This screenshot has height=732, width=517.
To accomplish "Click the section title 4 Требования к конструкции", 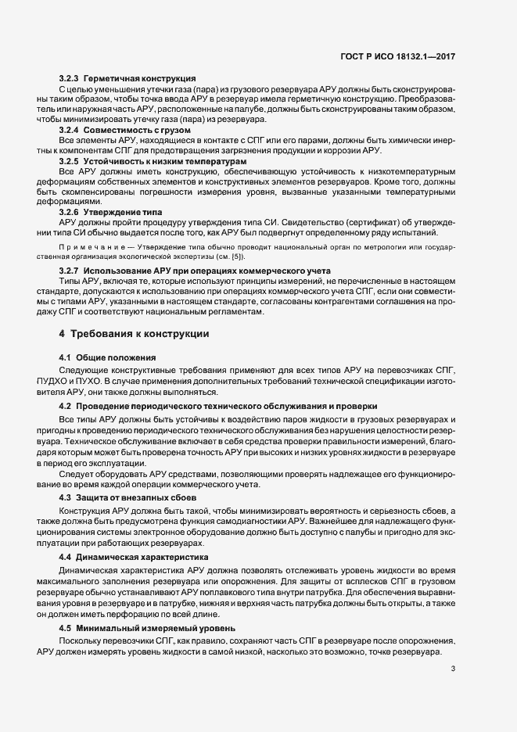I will (134, 334).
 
